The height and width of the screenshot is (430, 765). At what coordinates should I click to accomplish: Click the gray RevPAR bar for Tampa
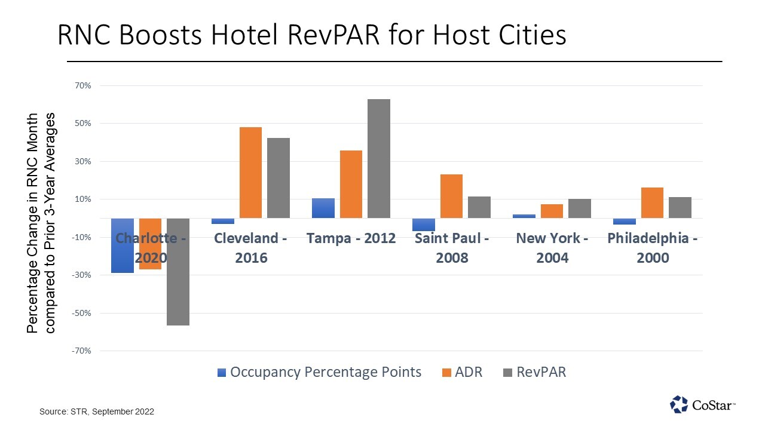[x=379, y=158]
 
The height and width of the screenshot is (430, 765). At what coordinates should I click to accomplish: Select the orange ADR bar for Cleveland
[x=250, y=173]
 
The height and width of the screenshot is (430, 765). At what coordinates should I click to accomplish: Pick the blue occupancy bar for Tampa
[x=323, y=208]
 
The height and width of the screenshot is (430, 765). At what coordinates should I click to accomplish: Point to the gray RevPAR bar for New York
[x=580, y=208]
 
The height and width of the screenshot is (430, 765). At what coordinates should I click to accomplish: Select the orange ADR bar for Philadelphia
[x=653, y=203]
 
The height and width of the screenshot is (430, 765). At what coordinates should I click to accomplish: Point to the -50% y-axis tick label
[x=81, y=313]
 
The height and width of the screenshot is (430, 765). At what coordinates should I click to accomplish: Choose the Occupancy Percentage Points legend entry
[x=319, y=372]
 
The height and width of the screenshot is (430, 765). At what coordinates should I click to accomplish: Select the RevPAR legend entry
[x=534, y=372]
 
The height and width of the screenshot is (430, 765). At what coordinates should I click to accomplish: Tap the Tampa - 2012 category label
[x=351, y=238]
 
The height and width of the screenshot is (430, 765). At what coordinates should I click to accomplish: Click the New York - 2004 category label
[x=552, y=248]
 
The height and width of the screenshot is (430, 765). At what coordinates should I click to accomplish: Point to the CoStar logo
[x=702, y=404]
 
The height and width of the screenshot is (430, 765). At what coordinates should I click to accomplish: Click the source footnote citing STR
[x=97, y=411]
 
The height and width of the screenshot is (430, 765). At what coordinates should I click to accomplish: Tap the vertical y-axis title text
[x=41, y=224]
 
